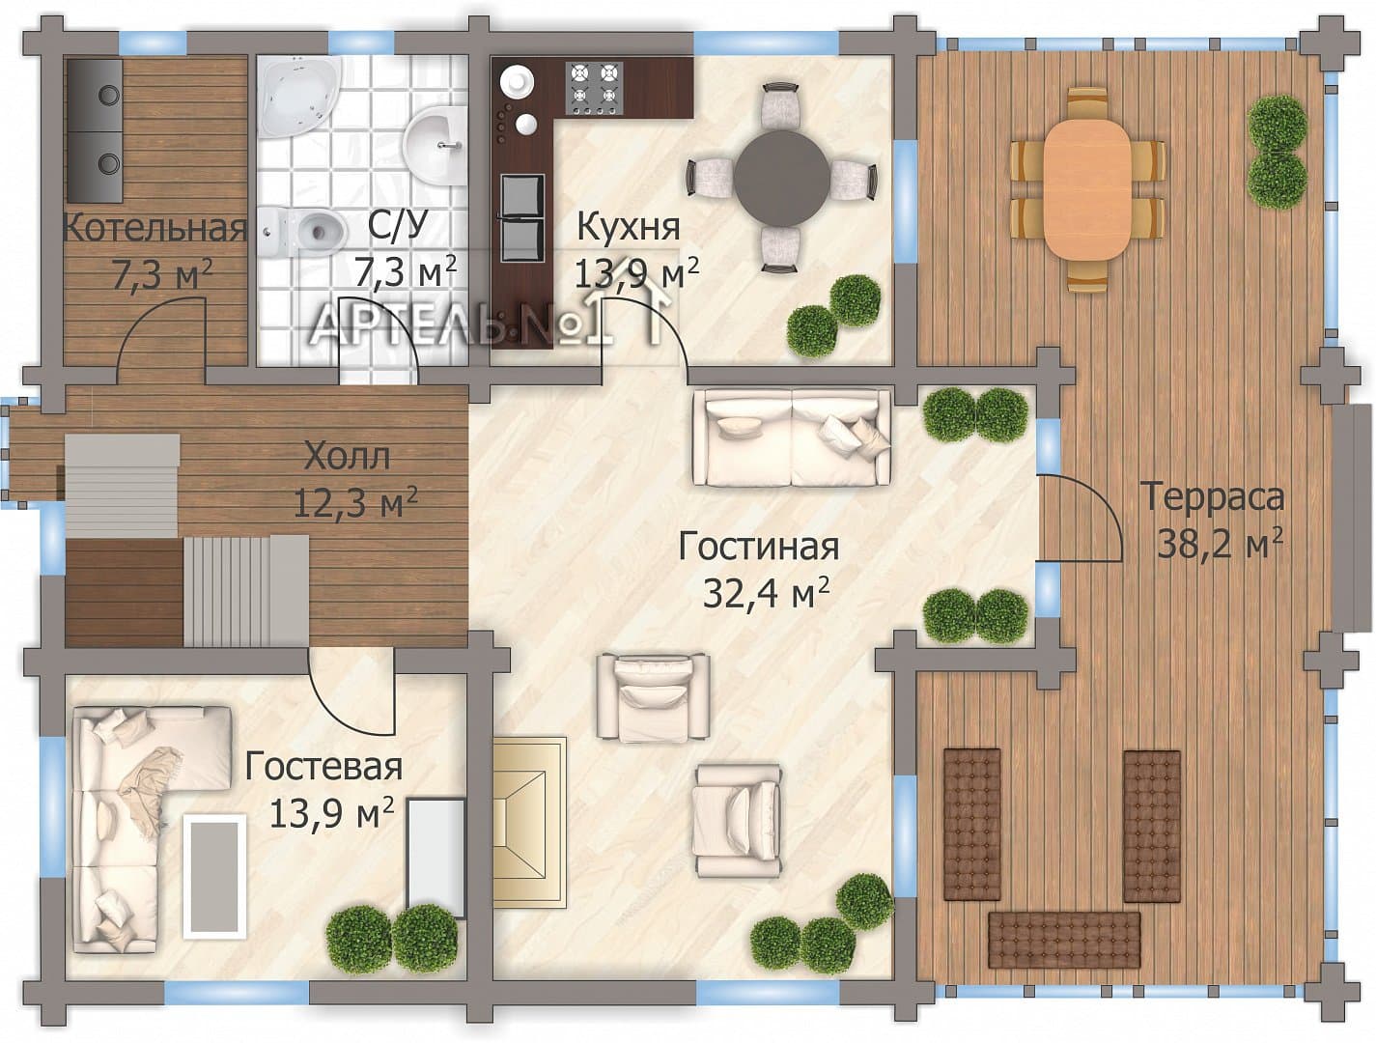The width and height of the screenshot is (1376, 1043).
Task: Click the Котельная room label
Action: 154,229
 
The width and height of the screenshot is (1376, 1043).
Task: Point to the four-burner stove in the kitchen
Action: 594,88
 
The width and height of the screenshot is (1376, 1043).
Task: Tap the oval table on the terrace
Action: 1087,187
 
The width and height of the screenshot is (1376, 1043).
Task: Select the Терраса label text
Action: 1215,496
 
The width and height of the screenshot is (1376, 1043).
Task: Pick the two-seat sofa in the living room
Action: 792,437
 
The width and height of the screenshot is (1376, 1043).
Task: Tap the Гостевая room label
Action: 323,767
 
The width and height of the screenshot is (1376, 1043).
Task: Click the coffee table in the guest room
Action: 213,876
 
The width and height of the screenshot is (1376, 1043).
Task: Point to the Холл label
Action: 347,456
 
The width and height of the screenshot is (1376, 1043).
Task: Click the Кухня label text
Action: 629,227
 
